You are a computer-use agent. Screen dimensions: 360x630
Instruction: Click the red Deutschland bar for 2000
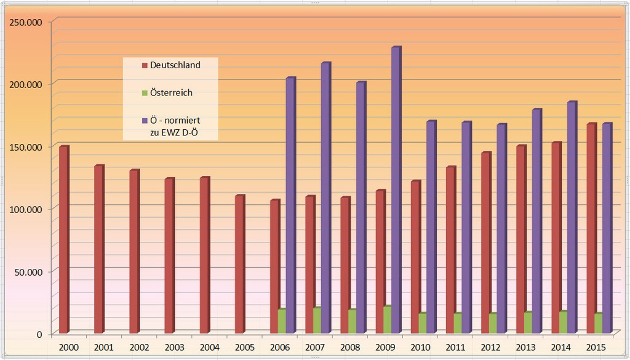63,240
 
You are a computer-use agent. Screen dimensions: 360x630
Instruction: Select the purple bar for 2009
396,191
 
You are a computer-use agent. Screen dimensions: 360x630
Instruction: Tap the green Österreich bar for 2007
316,321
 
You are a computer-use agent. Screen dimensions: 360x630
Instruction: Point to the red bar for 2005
239,265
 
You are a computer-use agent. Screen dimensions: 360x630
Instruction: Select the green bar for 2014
563,322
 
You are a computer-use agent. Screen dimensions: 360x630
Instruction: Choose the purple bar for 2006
290,206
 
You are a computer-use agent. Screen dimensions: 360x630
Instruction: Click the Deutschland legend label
175,65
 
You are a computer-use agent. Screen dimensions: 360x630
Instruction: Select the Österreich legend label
171,93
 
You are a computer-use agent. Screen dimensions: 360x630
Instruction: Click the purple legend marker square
145,121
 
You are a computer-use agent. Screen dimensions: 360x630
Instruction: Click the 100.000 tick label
26,209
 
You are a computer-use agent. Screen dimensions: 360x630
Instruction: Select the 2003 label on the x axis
174,348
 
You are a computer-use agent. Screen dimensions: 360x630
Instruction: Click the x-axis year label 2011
456,348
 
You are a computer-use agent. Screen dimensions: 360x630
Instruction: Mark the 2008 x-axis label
350,348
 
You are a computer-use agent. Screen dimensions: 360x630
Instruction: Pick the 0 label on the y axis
39,334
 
